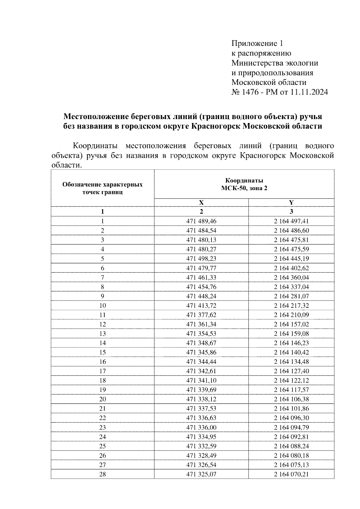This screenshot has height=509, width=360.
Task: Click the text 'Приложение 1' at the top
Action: (257, 44)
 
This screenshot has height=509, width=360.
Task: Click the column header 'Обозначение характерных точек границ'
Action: (102, 188)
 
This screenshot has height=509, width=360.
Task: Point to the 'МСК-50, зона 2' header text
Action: (244, 188)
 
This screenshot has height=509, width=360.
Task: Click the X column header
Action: (201, 202)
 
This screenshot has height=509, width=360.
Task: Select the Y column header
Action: (291, 202)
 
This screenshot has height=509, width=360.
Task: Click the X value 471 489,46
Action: (201, 221)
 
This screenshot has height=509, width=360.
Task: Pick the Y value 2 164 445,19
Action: (291, 259)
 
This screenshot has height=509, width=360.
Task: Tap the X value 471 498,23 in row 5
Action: (201, 259)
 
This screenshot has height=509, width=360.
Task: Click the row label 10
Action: (102, 305)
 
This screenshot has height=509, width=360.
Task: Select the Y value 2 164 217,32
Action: (291, 305)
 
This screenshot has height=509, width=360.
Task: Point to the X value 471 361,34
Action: (201, 324)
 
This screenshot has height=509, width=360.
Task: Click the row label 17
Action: (102, 371)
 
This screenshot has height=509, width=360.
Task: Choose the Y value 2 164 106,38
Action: (291, 399)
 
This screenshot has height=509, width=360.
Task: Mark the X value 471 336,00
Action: (201, 427)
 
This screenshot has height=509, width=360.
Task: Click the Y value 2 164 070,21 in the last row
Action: (291, 474)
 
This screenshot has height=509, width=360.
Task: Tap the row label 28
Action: (102, 474)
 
